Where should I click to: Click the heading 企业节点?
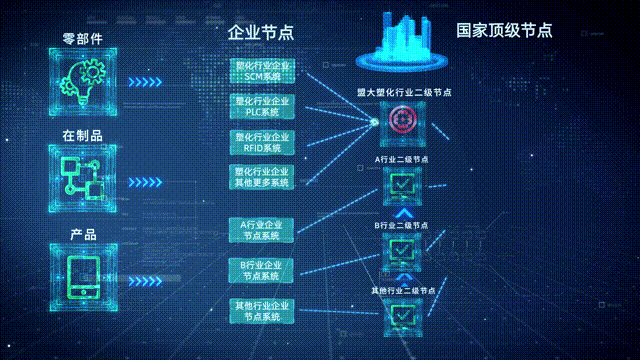(x=261, y=32)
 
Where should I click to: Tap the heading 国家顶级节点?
(x=504, y=30)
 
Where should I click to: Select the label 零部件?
(x=83, y=38)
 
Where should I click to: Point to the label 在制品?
(x=83, y=135)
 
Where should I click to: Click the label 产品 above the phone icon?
(x=83, y=234)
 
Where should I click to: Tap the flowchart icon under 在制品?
(x=85, y=176)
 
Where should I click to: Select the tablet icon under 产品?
(x=85, y=274)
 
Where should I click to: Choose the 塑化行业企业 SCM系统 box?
(x=262, y=70)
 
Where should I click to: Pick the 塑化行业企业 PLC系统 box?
(x=262, y=106)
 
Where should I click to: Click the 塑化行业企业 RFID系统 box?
(x=262, y=141)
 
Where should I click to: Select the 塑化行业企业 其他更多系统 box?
(x=262, y=177)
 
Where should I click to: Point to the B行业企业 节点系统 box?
(x=262, y=270)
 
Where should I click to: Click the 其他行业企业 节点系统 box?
(x=262, y=310)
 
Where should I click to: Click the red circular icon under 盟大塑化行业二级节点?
(x=401, y=121)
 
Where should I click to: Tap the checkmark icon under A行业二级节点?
(x=402, y=185)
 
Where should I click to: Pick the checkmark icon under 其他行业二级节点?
(x=402, y=315)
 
